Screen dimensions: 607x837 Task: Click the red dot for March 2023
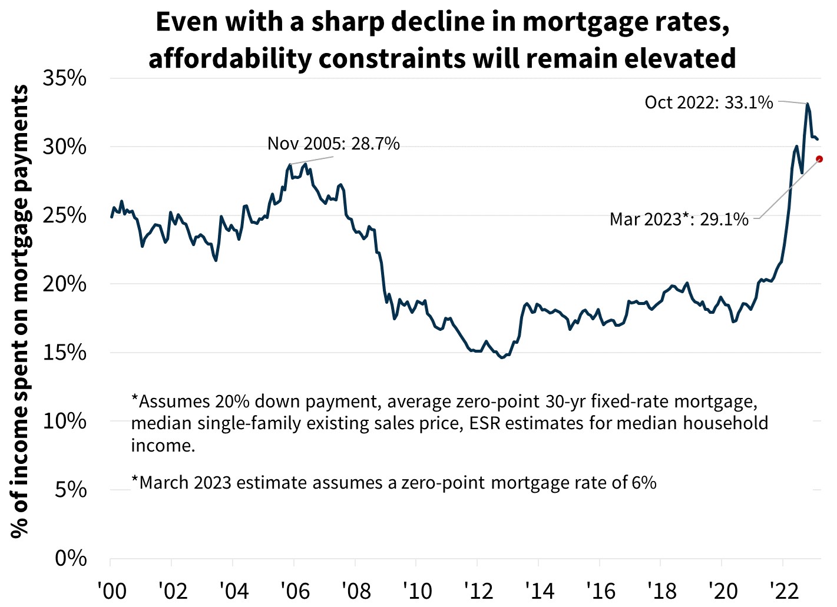point(819,159)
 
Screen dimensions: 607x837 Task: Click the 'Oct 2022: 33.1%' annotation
point(709,103)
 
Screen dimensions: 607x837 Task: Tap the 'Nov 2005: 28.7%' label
point(333,144)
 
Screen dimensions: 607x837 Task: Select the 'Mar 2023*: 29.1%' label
point(679,220)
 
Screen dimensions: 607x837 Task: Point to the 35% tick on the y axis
point(65,78)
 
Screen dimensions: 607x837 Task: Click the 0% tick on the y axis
point(71,558)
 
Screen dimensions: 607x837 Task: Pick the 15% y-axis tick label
point(65,353)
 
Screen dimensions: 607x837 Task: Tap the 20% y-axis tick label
point(65,284)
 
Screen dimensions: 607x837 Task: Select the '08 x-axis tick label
point(355,591)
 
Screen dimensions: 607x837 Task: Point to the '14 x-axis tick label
point(538,591)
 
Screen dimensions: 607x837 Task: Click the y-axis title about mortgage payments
point(19,311)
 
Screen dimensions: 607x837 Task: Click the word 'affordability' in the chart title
point(229,59)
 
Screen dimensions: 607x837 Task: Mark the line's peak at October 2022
point(808,104)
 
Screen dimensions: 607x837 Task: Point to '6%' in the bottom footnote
point(644,483)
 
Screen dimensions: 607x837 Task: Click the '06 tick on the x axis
point(294,591)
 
